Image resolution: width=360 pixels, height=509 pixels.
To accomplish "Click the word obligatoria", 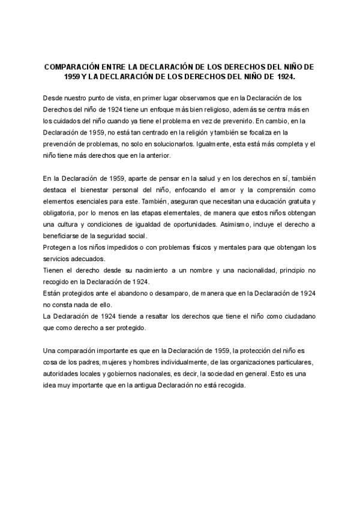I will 62,213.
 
